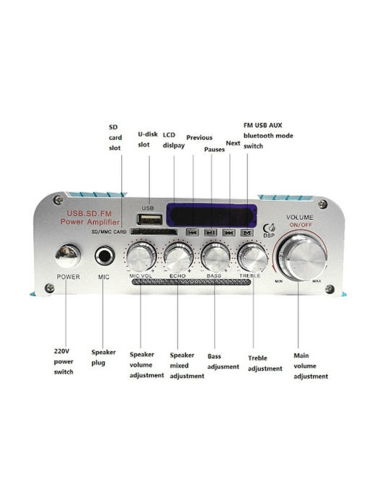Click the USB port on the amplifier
pyautogui.click(x=150, y=220)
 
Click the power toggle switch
pyautogui.click(x=67, y=255)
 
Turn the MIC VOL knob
pyautogui.click(x=141, y=257)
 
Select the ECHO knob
pyautogui.click(x=178, y=257)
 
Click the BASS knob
pyautogui.click(x=216, y=257)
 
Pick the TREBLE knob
pyautogui.click(x=252, y=257)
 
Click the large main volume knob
pyautogui.click(x=302, y=259)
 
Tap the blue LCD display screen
pyautogui.click(x=211, y=215)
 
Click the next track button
pyautogui.click(x=229, y=233)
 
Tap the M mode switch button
pyautogui.click(x=247, y=233)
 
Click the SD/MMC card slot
pyautogui.click(x=154, y=232)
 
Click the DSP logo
pyautogui.click(x=269, y=231)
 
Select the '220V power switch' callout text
pyautogui.click(x=63, y=362)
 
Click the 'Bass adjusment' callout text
pyautogui.click(x=223, y=362)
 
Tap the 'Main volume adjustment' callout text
pyautogui.click(x=311, y=366)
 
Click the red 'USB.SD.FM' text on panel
pyautogui.click(x=89, y=214)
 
